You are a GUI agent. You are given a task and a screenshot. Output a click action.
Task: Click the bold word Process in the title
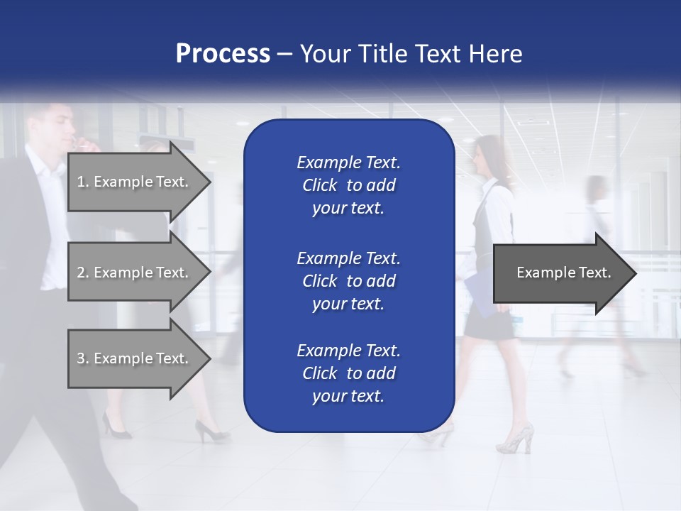223,54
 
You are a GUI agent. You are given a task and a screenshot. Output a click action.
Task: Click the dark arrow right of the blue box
564,273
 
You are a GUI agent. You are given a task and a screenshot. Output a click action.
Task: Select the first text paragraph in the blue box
348,185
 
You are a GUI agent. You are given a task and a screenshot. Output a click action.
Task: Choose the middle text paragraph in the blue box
348,280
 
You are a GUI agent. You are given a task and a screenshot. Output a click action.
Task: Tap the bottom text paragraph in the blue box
348,373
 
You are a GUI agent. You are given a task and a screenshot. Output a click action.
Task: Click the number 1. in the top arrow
83,182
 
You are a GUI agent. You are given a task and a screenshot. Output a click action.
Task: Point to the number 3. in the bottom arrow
83,358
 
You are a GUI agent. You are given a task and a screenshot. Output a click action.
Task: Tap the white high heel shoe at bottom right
516,438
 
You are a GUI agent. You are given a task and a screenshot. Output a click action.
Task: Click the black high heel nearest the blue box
210,430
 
